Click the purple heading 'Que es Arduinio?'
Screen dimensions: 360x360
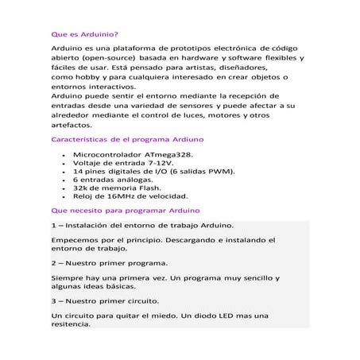(84, 35)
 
